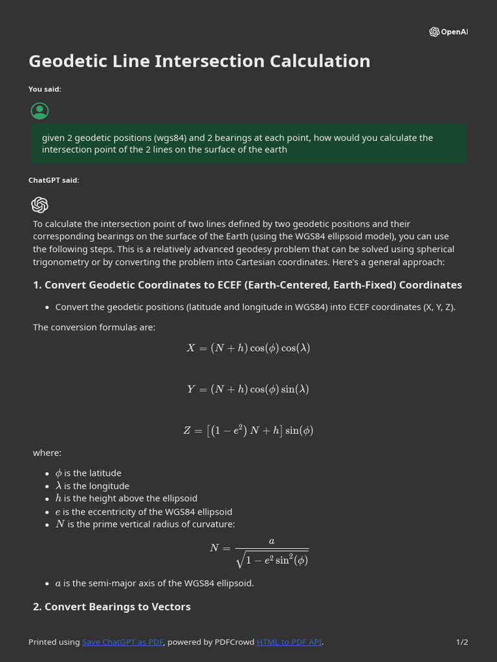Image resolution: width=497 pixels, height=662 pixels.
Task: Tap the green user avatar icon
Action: click(39, 111)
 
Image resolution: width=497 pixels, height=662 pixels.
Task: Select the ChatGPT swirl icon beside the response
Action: click(39, 205)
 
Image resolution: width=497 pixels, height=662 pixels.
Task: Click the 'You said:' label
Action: click(45, 89)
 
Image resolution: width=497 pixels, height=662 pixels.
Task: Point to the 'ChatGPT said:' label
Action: click(54, 180)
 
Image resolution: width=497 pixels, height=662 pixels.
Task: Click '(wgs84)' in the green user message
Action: click(170, 138)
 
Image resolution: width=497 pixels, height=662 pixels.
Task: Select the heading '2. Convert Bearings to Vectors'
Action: click(111, 606)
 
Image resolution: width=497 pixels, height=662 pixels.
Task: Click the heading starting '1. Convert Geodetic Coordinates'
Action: click(247, 285)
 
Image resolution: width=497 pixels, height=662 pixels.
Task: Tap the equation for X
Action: click(248, 348)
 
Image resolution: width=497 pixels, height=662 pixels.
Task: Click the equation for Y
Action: click(248, 389)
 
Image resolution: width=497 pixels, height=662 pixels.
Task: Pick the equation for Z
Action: click(248, 431)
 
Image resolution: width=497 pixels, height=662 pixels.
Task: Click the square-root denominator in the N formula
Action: click(272, 560)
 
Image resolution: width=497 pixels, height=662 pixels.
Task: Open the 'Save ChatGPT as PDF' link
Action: click(122, 642)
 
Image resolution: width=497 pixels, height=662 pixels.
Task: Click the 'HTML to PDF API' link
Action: click(289, 642)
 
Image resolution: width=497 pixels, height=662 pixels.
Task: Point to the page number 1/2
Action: click(461, 642)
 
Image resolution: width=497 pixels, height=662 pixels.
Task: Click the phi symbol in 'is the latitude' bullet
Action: click(58, 473)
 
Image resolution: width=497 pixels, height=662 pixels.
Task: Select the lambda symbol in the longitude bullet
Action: click(58, 486)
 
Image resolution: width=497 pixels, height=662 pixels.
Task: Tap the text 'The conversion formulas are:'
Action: click(94, 327)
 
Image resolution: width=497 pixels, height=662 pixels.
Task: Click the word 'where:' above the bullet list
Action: click(47, 453)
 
